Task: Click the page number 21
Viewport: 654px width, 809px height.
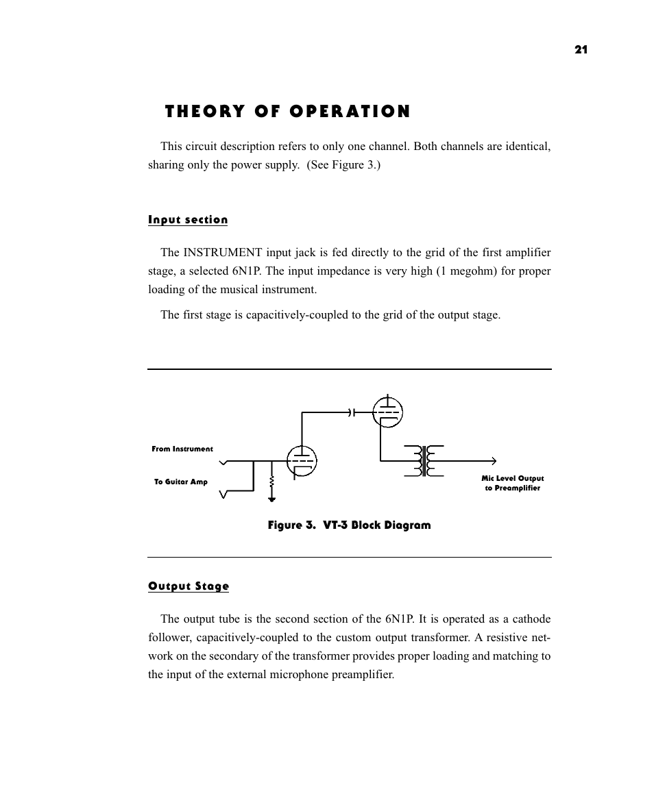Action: (581, 49)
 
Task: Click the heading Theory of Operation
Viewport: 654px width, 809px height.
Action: (287, 112)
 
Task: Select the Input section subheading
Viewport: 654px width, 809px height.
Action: (188, 220)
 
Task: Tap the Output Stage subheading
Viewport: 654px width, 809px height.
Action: (189, 586)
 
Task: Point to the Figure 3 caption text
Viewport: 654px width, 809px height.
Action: (349, 525)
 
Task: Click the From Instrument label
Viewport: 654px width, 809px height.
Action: (182, 449)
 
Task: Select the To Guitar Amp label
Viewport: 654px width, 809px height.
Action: (180, 482)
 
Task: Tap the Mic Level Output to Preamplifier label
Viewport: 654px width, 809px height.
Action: (512, 483)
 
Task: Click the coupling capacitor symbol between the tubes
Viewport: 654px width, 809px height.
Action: (352, 412)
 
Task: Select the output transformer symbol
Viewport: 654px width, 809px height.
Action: (424, 460)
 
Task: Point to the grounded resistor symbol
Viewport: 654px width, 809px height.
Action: (272, 487)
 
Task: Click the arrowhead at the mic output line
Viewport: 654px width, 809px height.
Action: (492, 461)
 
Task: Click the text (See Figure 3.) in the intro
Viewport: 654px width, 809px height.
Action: (344, 165)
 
